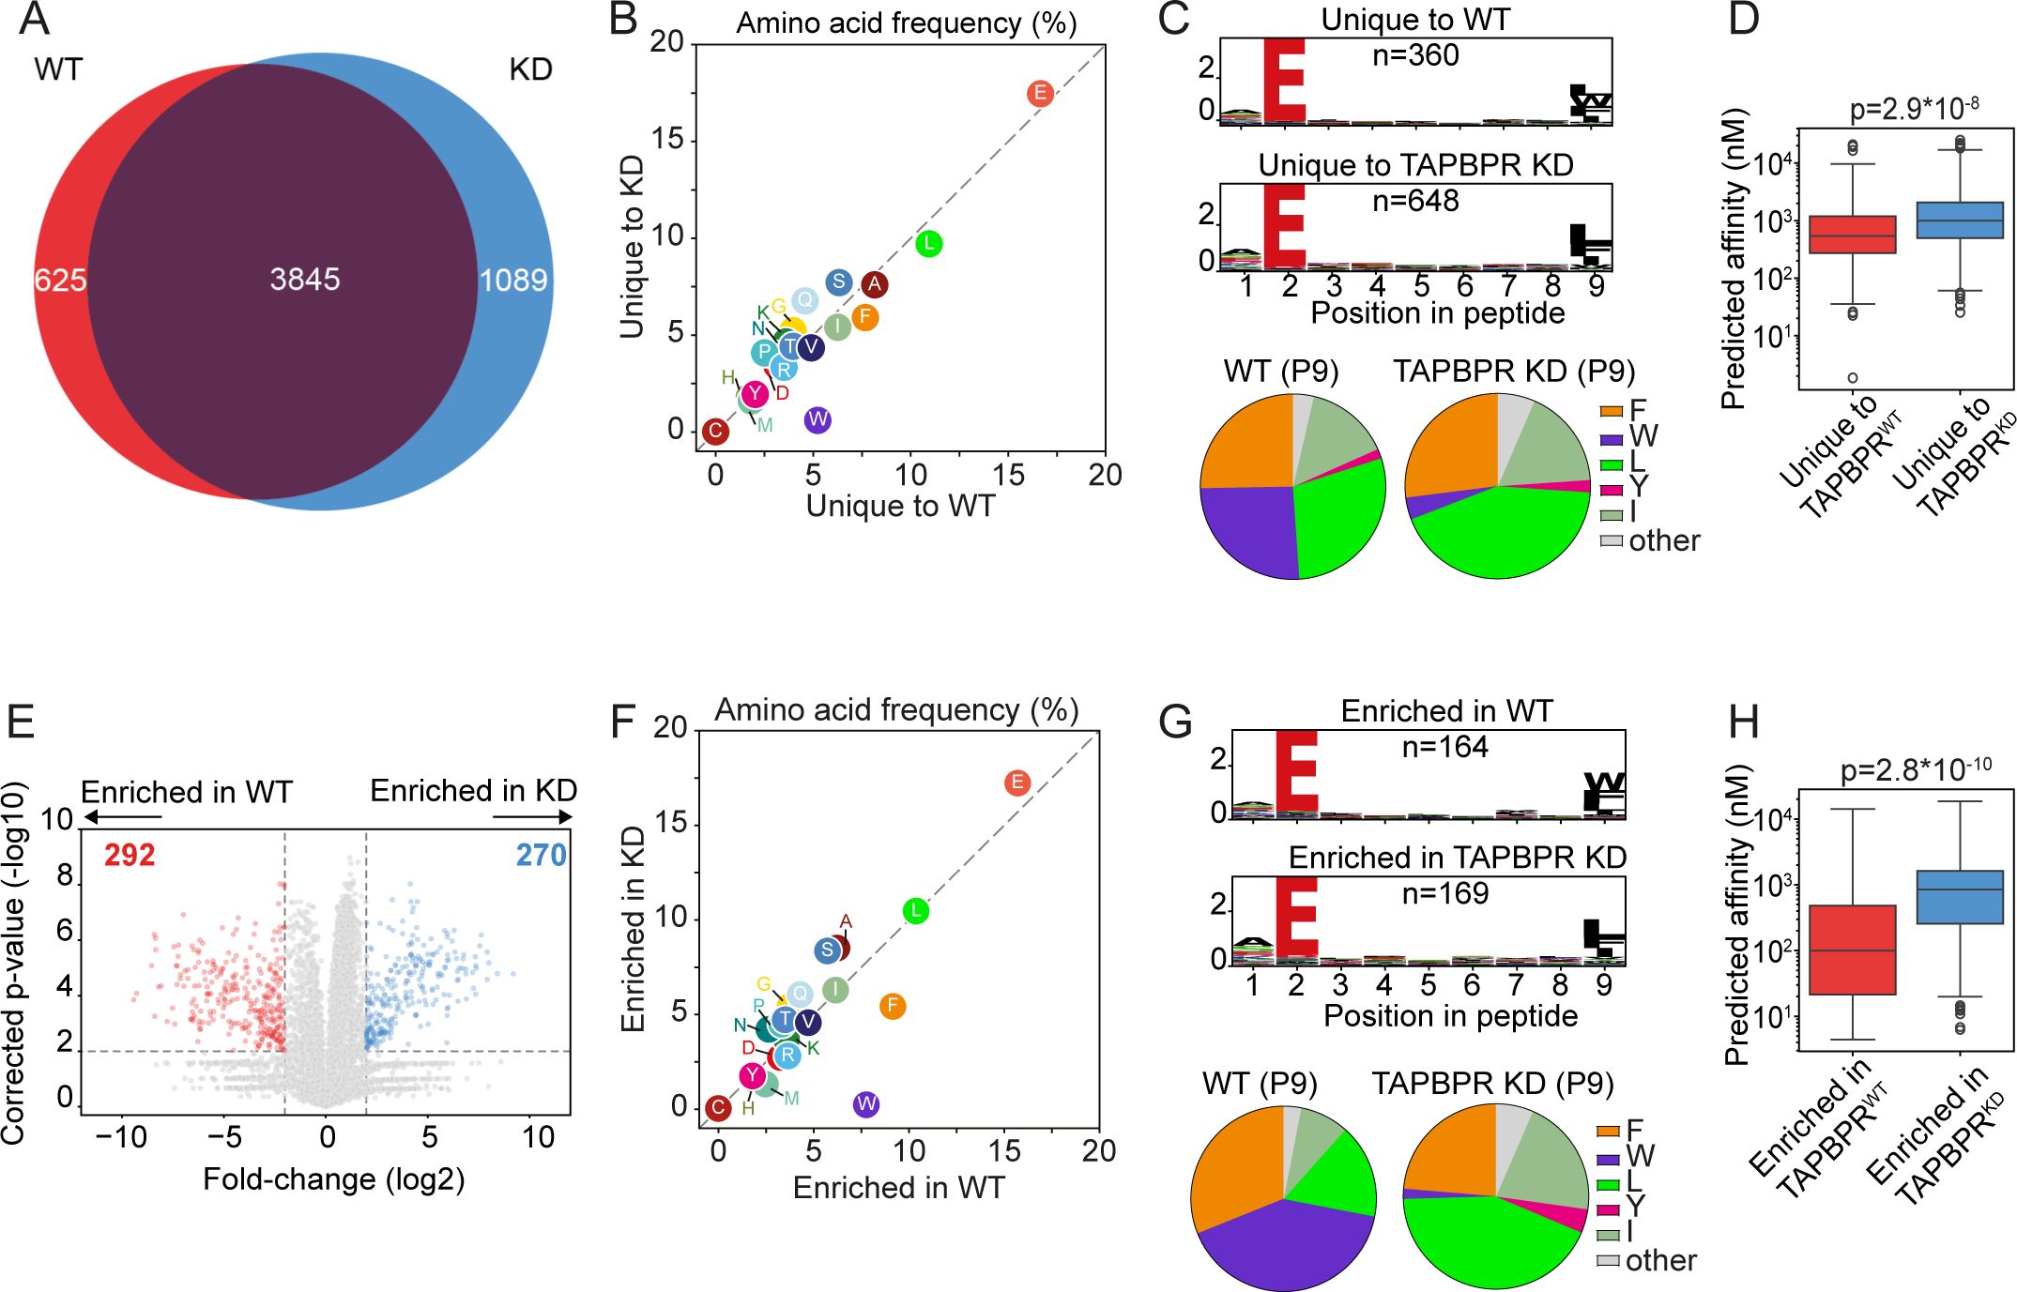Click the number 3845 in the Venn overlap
pyautogui.click(x=305, y=279)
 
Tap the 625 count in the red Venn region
pyautogui.click(x=60, y=280)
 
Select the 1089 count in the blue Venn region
pyautogui.click(x=512, y=280)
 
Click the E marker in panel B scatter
pyautogui.click(x=1039, y=93)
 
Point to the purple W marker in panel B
pyautogui.click(x=817, y=419)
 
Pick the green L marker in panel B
pyautogui.click(x=928, y=244)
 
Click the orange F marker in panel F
pyautogui.click(x=893, y=1007)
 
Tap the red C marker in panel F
pyautogui.click(x=718, y=1108)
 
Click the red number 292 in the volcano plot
pyautogui.click(x=130, y=855)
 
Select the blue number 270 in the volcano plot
pyautogui.click(x=541, y=855)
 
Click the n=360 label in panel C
pyautogui.click(x=1415, y=55)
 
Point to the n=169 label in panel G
pyautogui.click(x=1444, y=893)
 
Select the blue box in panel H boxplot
pyautogui.click(x=1960, y=897)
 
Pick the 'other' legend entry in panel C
pyautogui.click(x=1662, y=540)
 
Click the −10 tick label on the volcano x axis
pyautogui.click(x=121, y=1137)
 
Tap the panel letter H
pyautogui.click(x=1743, y=722)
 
